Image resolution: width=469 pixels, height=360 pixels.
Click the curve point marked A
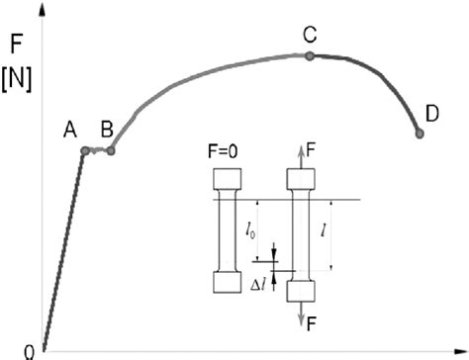(85, 150)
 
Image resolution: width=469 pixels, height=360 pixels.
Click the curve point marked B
(110, 150)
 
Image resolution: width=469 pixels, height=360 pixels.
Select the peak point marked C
(310, 55)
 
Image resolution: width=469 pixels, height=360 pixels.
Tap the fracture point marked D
(419, 134)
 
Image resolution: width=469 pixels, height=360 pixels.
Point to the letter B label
(107, 129)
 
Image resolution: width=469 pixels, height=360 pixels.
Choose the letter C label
(310, 36)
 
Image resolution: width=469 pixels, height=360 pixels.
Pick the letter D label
(432, 115)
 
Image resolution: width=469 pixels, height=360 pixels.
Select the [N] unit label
(18, 78)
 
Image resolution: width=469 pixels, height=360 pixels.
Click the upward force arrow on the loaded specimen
(300, 153)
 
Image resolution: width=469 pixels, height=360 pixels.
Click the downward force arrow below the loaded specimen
(300, 314)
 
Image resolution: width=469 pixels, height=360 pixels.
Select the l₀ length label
(251, 234)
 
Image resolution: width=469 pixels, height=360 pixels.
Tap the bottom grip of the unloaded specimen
(228, 281)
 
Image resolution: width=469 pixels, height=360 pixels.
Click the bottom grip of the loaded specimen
(300, 290)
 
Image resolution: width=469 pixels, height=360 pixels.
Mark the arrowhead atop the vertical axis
(45, 8)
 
